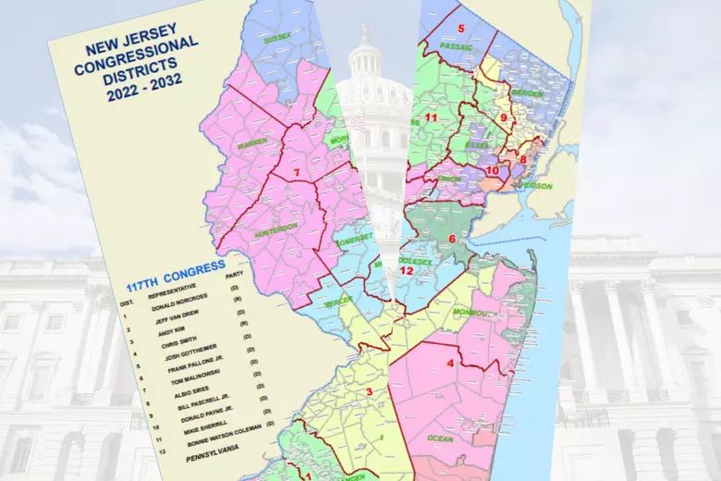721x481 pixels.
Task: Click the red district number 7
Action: coord(296,173)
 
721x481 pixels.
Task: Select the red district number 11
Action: coord(431,118)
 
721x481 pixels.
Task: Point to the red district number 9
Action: coord(504,118)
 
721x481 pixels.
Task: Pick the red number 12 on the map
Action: coord(407,271)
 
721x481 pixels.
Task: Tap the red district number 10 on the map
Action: coord(492,171)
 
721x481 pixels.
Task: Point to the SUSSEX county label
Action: coord(276,40)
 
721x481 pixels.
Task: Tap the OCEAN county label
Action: coord(440,438)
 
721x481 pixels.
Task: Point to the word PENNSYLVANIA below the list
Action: coord(214,458)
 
